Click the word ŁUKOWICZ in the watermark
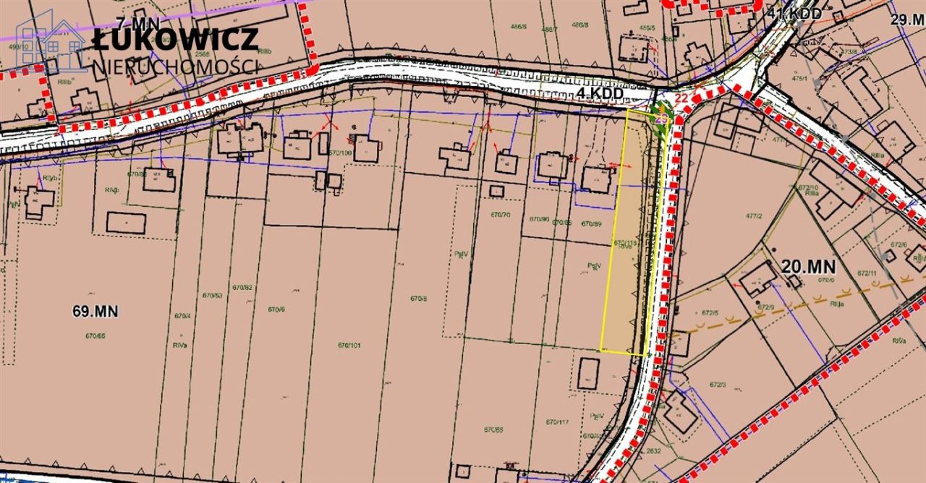[x=175, y=38]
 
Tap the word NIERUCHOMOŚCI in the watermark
[x=175, y=66]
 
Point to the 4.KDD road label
[x=600, y=93]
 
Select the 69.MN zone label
[x=95, y=312]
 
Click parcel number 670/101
[x=349, y=345]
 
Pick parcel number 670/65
[x=95, y=335]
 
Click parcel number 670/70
[x=499, y=215]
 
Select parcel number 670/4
[x=182, y=315]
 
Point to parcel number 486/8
[x=579, y=24]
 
